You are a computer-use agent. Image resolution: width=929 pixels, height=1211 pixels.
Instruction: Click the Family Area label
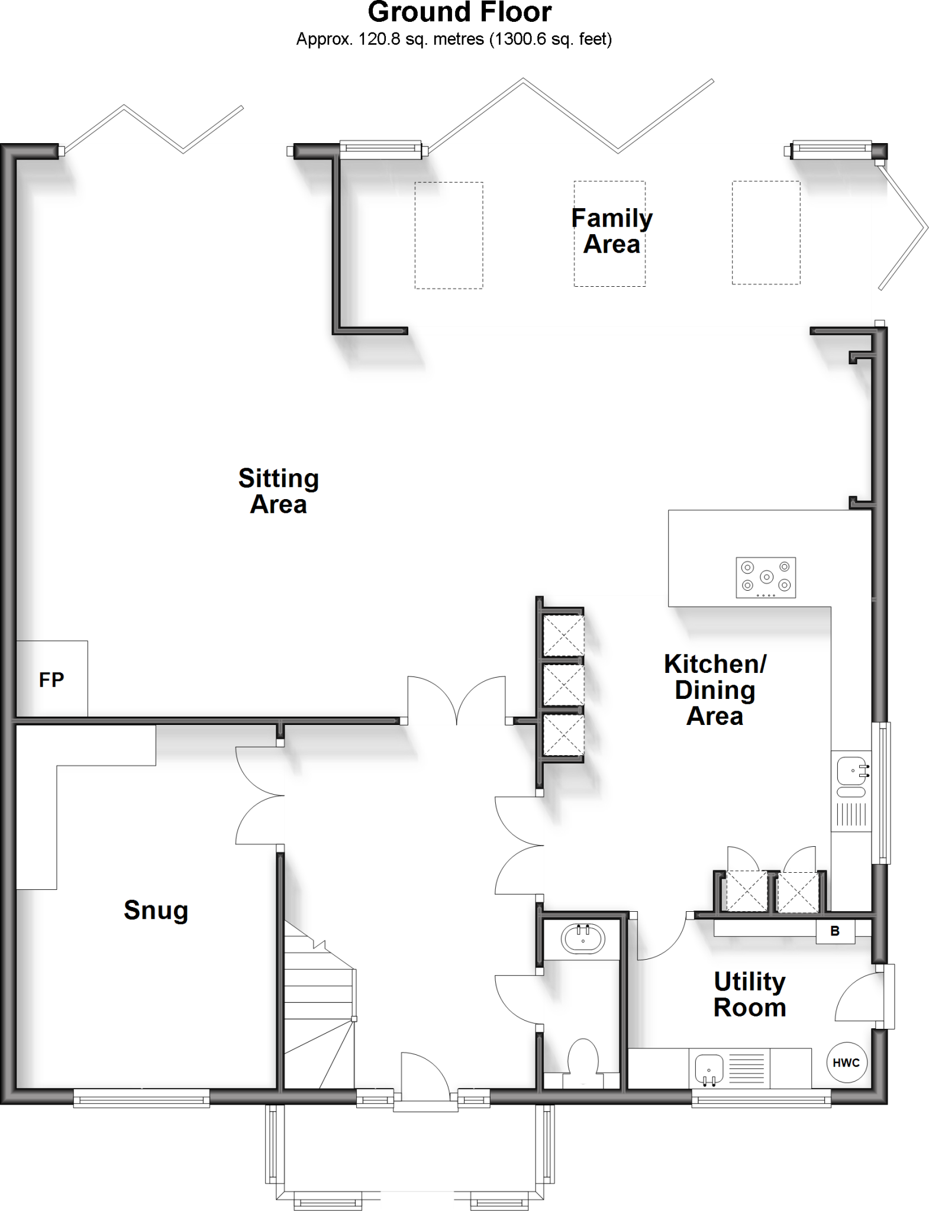click(611, 231)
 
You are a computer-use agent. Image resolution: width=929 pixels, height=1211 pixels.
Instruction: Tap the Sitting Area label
click(278, 491)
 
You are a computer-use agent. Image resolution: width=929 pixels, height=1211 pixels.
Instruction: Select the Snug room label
click(156, 910)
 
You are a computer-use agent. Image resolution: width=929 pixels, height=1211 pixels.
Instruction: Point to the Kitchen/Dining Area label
click(715, 690)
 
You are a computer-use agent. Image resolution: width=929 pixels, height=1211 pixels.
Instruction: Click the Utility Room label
click(750, 995)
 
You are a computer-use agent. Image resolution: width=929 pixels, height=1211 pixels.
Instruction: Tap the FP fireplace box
click(51, 679)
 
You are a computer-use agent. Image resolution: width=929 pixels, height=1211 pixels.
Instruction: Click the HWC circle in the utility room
click(846, 1063)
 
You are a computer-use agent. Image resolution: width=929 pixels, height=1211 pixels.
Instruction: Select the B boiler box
click(835, 931)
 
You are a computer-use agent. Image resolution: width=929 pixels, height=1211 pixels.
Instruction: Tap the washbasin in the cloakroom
click(583, 938)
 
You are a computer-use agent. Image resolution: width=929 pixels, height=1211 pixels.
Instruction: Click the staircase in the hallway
click(320, 1005)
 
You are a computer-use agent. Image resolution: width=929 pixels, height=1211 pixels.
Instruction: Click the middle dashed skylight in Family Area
click(609, 234)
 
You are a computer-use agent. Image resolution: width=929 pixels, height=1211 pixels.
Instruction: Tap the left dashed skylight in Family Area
click(449, 235)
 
